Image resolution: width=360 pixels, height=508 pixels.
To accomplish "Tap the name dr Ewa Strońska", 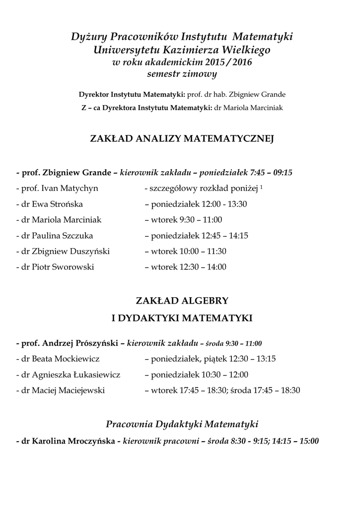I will [x=52, y=204].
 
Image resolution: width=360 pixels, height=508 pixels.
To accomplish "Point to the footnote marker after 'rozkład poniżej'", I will [x=261, y=187].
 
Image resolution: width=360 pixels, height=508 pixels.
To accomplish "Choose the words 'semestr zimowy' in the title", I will [x=182, y=74].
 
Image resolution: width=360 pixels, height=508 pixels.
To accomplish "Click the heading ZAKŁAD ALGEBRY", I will [x=182, y=301].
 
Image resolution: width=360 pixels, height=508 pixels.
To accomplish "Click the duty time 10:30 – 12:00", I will [x=223, y=375].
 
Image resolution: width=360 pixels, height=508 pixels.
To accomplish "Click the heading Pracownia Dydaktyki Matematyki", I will [x=182, y=424].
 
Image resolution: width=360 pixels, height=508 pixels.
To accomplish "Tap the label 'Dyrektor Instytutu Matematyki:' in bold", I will [x=132, y=94].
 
